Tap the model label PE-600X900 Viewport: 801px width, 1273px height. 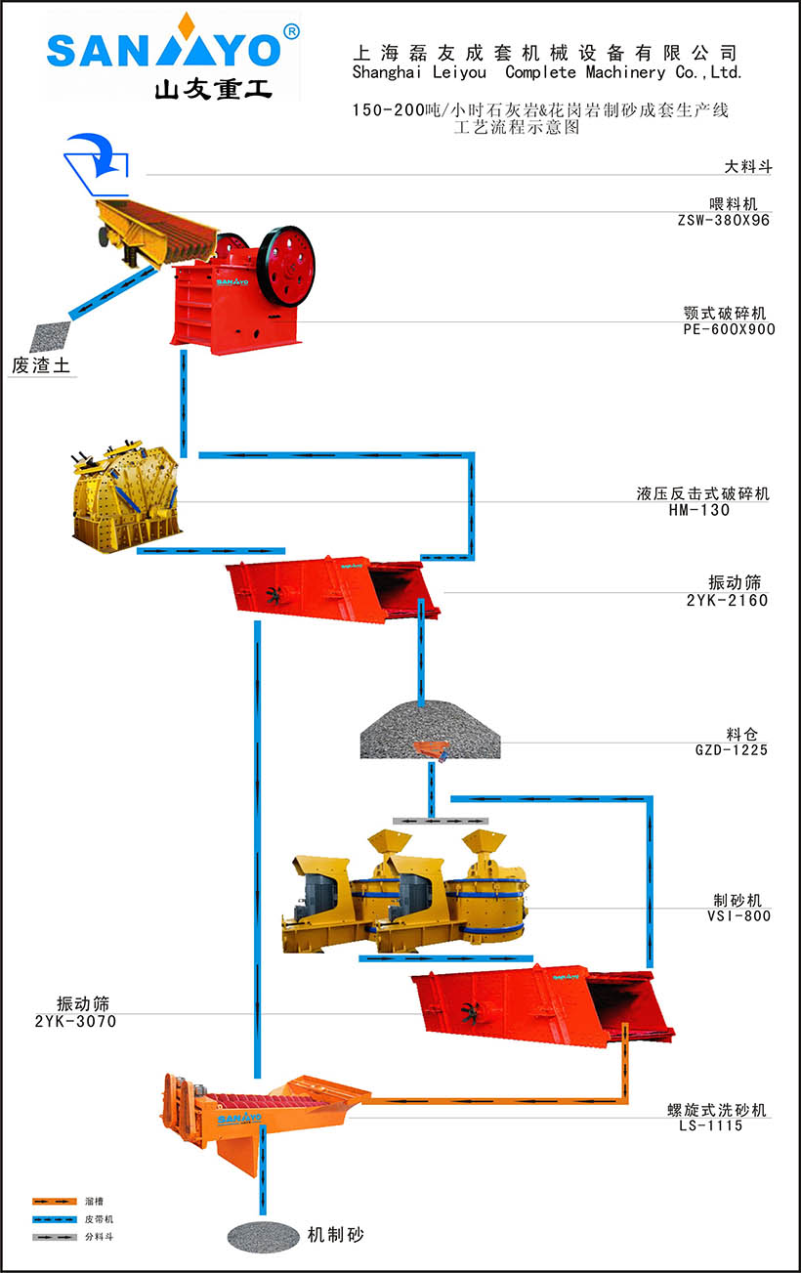pos(729,329)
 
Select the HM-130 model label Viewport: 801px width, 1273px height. pos(698,510)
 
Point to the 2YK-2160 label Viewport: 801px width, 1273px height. pos(727,600)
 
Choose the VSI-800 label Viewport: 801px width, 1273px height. pos(738,915)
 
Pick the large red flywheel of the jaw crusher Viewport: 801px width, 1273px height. pos(287,262)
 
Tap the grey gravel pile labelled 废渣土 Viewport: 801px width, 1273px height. pos(49,337)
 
